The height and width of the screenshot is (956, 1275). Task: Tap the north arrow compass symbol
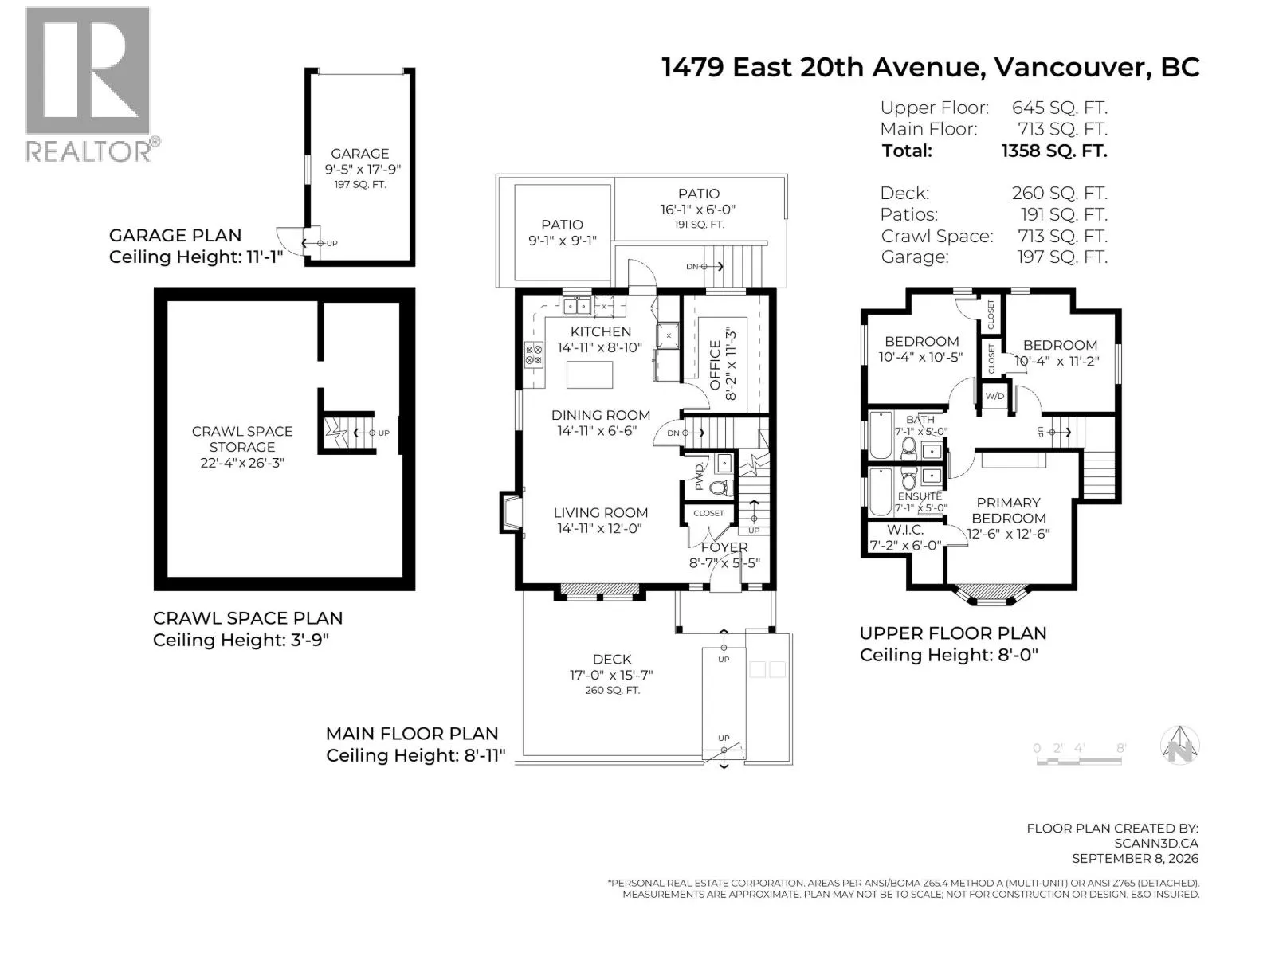1179,746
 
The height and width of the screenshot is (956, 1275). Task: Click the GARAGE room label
359,153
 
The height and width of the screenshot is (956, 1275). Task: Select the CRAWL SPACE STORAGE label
242,439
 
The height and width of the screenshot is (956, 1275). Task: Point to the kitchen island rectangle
589,374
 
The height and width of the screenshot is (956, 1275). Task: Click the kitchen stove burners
534,355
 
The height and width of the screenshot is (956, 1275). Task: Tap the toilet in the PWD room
721,488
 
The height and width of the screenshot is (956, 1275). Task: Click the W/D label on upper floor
994,396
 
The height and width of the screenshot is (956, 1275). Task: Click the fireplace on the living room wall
510,512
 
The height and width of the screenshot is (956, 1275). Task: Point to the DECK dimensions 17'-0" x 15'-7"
612,675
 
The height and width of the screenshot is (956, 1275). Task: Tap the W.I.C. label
905,529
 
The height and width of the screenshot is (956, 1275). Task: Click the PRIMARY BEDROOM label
1008,510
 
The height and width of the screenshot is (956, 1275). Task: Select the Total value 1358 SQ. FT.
1053,151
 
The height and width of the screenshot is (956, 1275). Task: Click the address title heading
931,68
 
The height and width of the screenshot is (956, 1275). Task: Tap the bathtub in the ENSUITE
881,492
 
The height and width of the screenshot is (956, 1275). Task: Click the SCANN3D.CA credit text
1156,844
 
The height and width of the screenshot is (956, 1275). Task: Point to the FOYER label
724,547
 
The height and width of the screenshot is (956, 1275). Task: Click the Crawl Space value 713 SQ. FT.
1062,237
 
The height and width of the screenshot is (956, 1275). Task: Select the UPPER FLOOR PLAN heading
952,633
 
